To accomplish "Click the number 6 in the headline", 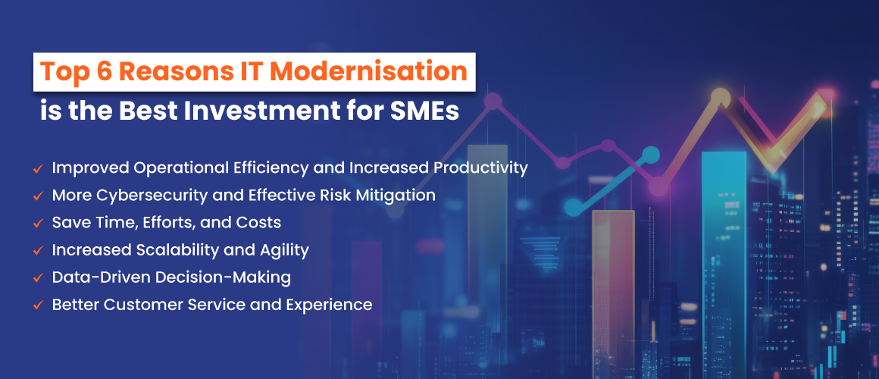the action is coord(102,72).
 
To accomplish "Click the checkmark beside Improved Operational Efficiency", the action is coord(39,168).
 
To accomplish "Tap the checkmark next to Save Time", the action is coord(39,223).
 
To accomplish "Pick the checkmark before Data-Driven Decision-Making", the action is coord(39,277).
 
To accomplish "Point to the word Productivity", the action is coord(480,168).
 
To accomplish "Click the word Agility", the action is coord(286,250).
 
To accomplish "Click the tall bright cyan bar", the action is coord(724,264).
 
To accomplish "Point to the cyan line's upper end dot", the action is coord(651,155).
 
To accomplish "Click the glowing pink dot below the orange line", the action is coord(659,186).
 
